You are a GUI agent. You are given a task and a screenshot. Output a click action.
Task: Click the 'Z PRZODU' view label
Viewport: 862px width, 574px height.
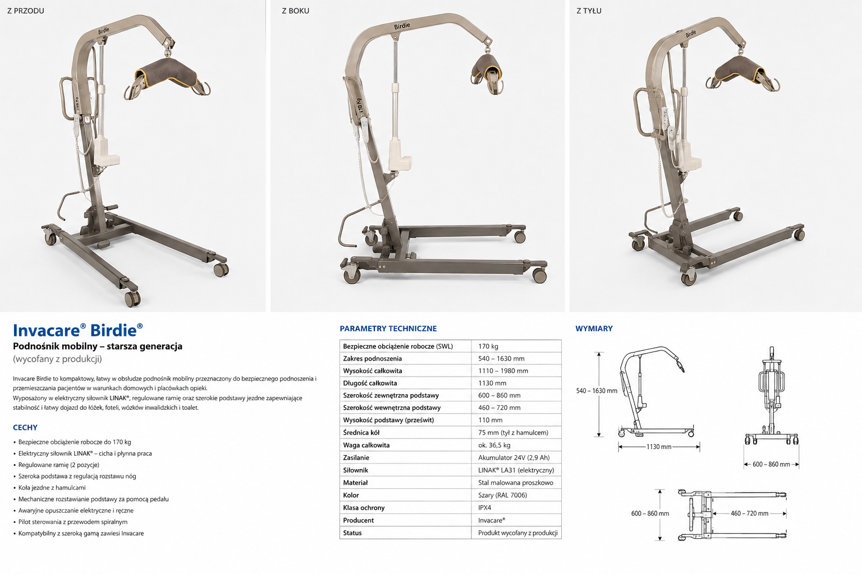pyautogui.click(x=26, y=11)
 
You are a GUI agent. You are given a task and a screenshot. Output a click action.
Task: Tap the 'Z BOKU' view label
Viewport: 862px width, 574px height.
pyautogui.click(x=296, y=11)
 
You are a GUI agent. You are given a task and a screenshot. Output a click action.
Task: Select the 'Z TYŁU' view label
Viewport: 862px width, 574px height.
pyautogui.click(x=589, y=11)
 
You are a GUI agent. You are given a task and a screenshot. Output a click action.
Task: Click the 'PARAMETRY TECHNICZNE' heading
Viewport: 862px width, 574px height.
pyautogui.click(x=388, y=328)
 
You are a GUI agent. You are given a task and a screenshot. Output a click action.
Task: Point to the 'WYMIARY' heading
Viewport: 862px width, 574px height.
pyautogui.click(x=594, y=328)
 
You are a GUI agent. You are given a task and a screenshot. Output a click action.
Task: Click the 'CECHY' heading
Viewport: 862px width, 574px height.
pyautogui.click(x=25, y=427)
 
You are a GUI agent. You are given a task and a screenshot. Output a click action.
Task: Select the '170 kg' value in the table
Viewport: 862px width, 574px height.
pyautogui.click(x=488, y=346)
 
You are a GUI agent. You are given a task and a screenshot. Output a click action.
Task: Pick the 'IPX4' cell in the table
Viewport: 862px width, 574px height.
pyautogui.click(x=484, y=507)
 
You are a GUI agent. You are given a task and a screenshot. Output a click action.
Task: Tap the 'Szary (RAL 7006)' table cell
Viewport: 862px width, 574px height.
pyautogui.click(x=502, y=495)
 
